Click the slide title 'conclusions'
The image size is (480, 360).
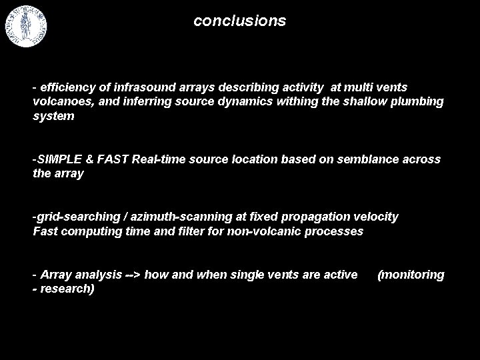pos(239,21)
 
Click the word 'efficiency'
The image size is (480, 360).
pos(67,87)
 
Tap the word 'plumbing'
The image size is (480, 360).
pos(415,102)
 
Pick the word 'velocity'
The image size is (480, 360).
pos(376,217)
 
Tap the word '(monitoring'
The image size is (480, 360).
pos(411,275)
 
